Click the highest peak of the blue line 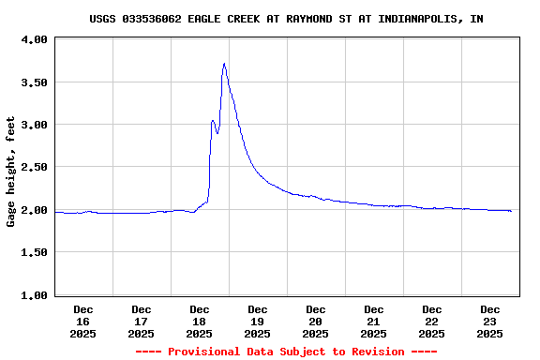click(224, 64)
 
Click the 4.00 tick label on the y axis click(34, 40)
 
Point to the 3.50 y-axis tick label click(34, 82)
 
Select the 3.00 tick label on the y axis click(34, 125)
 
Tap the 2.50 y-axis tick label click(34, 167)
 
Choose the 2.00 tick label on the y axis click(34, 210)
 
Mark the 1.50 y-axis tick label click(34, 252)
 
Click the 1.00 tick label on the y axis click(34, 295)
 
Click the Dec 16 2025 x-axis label click(83, 321)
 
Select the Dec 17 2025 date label click(142, 321)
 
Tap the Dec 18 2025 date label click(200, 321)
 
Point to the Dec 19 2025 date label click(258, 321)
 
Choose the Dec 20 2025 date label click(316, 321)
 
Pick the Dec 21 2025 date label click(374, 321)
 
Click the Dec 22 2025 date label click(432, 321)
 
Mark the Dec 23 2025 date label click(490, 321)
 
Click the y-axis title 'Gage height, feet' click(11, 172)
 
